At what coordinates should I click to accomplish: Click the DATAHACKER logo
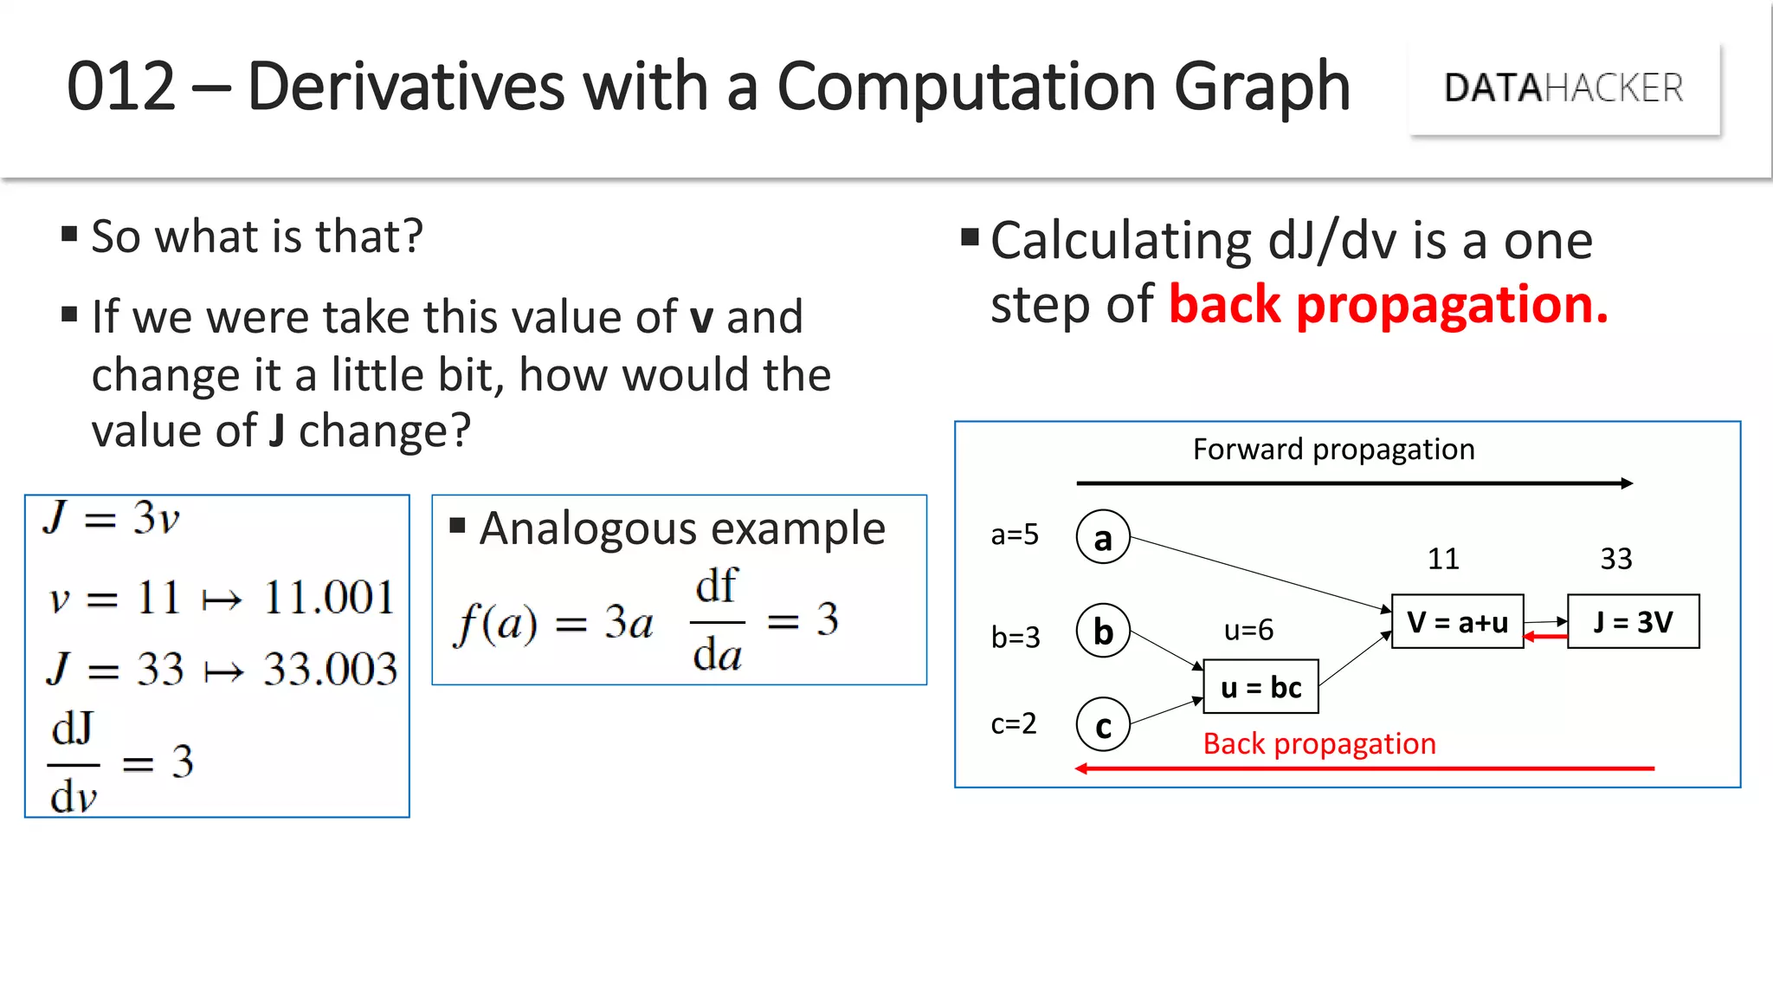point(1563,88)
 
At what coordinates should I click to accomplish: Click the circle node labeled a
point(1103,538)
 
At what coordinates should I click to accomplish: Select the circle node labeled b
point(1103,632)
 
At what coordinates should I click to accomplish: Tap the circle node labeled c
point(1103,726)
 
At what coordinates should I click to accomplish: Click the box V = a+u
point(1457,621)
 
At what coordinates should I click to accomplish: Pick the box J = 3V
point(1633,621)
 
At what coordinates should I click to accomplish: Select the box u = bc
point(1260,687)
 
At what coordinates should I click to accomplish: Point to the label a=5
point(1015,535)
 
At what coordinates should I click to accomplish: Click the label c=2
point(1014,723)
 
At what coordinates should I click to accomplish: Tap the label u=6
point(1248,630)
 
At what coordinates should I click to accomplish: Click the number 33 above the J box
point(1615,559)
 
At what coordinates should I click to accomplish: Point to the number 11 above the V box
point(1443,559)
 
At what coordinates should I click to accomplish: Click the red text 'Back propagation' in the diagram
point(1319,743)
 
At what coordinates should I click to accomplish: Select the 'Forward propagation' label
point(1333,450)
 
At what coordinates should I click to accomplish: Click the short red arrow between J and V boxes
point(1545,637)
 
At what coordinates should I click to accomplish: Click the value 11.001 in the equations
point(329,598)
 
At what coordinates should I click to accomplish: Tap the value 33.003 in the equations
point(330,670)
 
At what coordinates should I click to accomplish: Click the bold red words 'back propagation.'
point(1388,305)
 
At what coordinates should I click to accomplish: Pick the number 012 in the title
point(121,87)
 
